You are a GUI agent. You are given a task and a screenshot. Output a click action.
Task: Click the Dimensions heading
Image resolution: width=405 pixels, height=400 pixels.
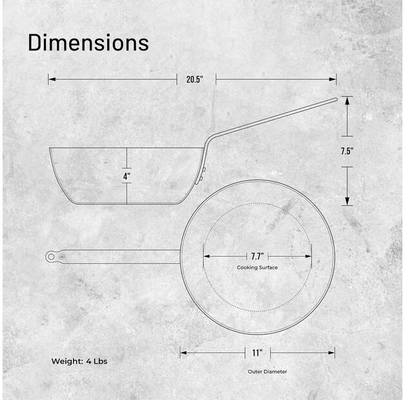point(88,43)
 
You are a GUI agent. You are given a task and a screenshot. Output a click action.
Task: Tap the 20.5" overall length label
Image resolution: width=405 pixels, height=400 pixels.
point(195,79)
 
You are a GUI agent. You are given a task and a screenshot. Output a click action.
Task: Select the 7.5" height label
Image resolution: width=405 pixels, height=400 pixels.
point(347,152)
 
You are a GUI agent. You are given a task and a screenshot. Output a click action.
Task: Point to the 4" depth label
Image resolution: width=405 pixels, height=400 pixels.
point(126,175)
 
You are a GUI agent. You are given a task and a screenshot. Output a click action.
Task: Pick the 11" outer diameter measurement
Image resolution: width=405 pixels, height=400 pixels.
point(257,353)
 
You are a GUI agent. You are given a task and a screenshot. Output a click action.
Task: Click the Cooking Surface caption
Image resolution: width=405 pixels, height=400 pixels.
point(257,267)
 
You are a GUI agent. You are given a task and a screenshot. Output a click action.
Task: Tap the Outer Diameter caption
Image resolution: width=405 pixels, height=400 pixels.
point(267,372)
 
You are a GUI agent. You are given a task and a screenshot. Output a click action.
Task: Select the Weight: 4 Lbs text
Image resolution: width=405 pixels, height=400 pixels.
point(79,361)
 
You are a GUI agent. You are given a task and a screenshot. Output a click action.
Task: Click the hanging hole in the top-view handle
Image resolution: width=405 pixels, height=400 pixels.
point(51,257)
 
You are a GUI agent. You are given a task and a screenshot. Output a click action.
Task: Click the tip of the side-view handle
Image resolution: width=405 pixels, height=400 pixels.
point(335,99)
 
